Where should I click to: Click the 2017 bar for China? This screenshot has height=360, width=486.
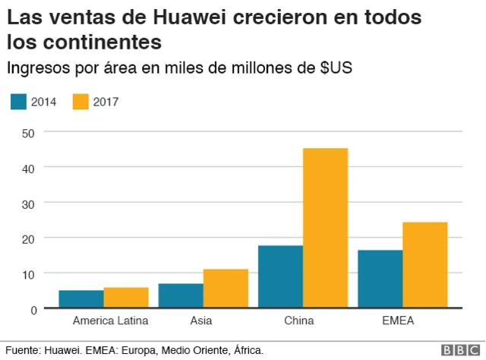325,228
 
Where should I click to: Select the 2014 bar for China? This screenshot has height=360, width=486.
280,276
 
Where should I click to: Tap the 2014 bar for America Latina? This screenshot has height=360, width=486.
80,299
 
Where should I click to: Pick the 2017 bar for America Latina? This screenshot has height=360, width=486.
125,298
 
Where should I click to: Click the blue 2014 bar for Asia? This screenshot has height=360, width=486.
180,295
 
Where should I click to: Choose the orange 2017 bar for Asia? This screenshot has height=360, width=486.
226,289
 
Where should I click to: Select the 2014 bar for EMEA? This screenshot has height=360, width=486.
380,279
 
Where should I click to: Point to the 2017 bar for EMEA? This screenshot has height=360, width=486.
424,265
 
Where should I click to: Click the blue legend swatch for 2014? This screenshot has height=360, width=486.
19,101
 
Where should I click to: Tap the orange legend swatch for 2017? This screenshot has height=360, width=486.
80,101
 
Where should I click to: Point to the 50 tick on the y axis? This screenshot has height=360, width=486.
30,132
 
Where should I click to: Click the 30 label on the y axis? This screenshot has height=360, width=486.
30,203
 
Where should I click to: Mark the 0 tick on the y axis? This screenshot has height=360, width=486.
33,309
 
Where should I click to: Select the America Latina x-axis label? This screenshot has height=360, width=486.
110,321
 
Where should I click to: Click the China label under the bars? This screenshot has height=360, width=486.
298,321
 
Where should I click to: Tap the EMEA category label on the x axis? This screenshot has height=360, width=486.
398,321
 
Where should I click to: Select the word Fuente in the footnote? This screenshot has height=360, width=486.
22,350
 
